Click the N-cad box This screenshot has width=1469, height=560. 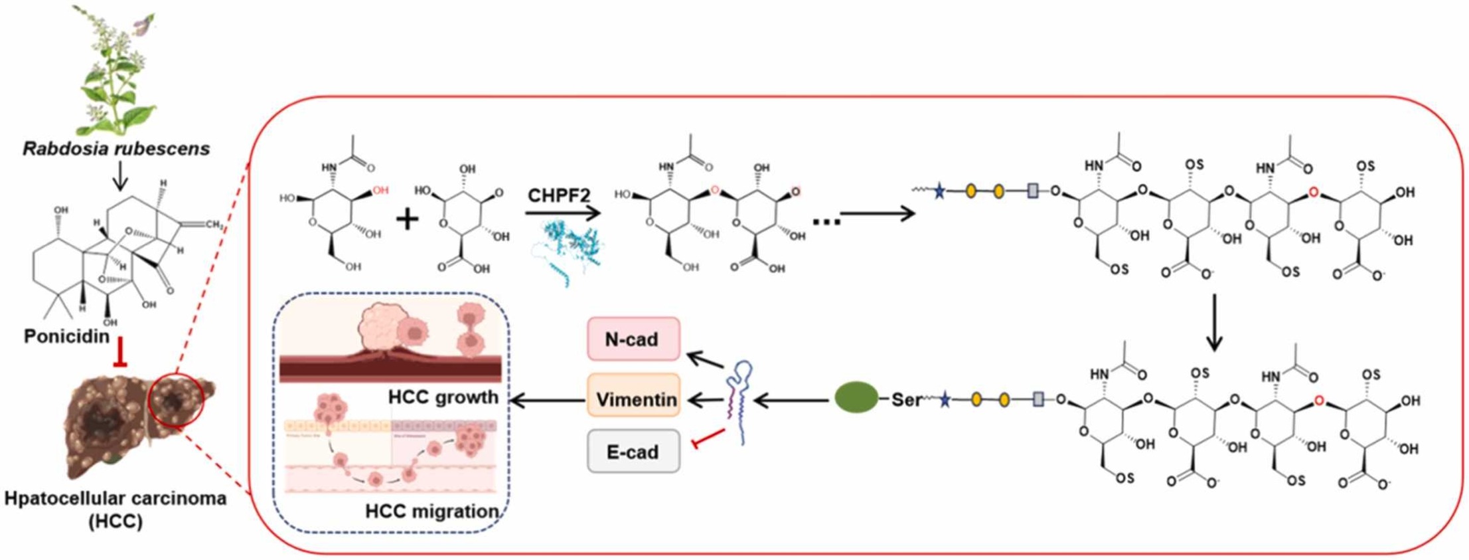point(633,339)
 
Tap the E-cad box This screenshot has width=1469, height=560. point(633,451)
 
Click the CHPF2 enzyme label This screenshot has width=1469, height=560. point(559,196)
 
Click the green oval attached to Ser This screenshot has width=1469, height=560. point(856,398)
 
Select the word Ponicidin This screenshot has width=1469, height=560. point(66,336)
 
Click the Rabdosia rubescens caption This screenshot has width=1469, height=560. point(116,148)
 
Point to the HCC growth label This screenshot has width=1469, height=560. point(443,397)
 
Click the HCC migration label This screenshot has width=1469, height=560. point(431,512)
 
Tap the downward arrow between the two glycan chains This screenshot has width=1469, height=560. point(1214,322)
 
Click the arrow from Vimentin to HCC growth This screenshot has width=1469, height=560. point(547,400)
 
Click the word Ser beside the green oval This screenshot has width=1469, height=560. point(906,400)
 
